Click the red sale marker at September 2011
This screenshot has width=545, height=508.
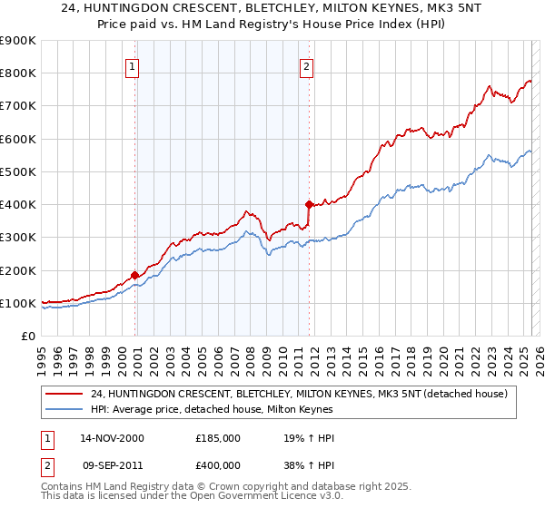point(309,204)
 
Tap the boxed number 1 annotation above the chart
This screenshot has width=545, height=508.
point(133,66)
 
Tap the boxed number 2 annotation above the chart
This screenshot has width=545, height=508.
point(307,66)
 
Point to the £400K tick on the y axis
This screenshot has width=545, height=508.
point(17,205)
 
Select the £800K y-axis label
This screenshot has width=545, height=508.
point(17,73)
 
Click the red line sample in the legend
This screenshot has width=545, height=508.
point(64,393)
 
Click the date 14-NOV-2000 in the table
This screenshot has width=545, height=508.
point(112,438)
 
